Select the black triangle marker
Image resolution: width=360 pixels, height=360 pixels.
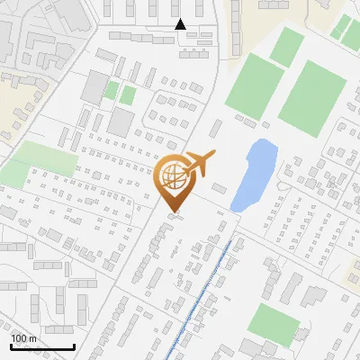(x=180, y=24)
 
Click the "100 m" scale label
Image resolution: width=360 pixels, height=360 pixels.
(x=23, y=337)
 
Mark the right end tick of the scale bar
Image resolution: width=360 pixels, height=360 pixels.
(x=73, y=346)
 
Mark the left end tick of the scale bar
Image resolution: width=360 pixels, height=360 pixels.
(x=11, y=346)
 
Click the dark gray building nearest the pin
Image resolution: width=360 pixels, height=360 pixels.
(x=121, y=122)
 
